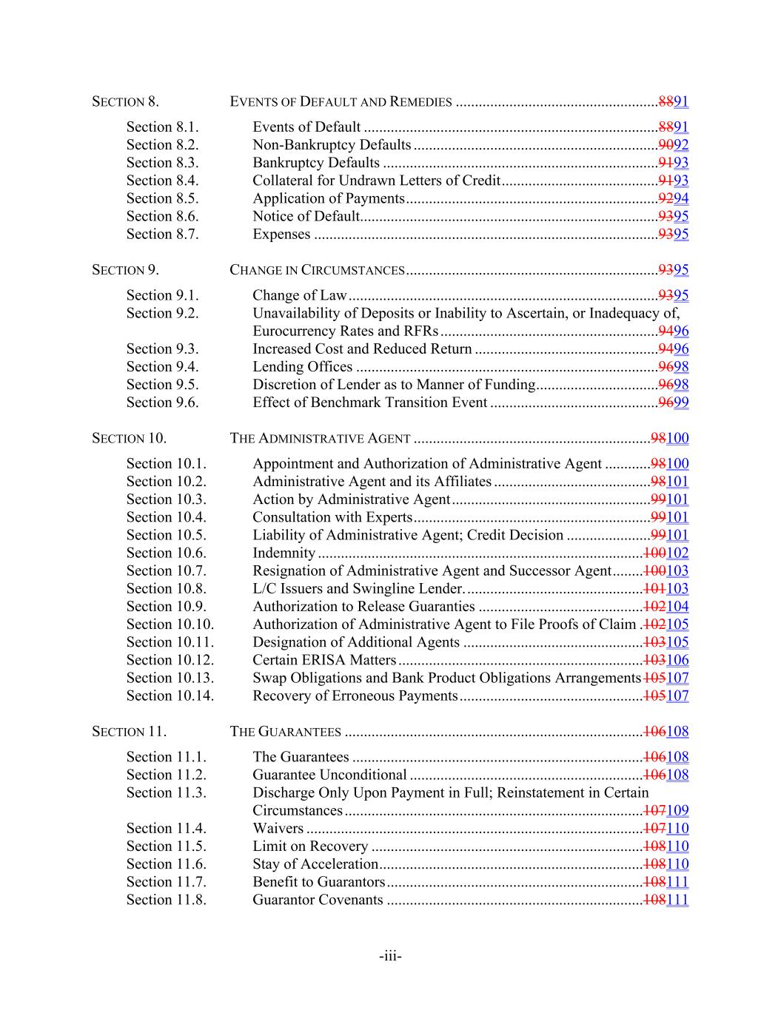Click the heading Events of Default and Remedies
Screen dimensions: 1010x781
click(341, 102)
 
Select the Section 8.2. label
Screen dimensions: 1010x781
click(162, 145)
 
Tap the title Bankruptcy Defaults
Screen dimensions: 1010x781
click(316, 163)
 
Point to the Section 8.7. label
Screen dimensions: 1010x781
click(162, 234)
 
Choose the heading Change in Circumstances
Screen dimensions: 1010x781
click(317, 270)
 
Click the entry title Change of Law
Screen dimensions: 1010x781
click(299, 295)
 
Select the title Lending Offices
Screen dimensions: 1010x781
click(302, 367)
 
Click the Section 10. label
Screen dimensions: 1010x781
click(129, 438)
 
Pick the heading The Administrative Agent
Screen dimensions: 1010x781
click(320, 438)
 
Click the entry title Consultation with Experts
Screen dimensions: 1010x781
click(332, 517)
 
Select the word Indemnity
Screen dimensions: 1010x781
click(284, 553)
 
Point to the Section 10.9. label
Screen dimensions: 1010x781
click(166, 607)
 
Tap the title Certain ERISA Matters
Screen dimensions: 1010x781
click(324, 660)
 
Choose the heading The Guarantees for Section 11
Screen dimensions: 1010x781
click(285, 732)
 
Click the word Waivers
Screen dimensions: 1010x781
click(278, 829)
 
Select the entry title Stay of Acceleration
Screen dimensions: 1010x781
click(315, 864)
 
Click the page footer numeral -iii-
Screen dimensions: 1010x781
click(390, 957)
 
